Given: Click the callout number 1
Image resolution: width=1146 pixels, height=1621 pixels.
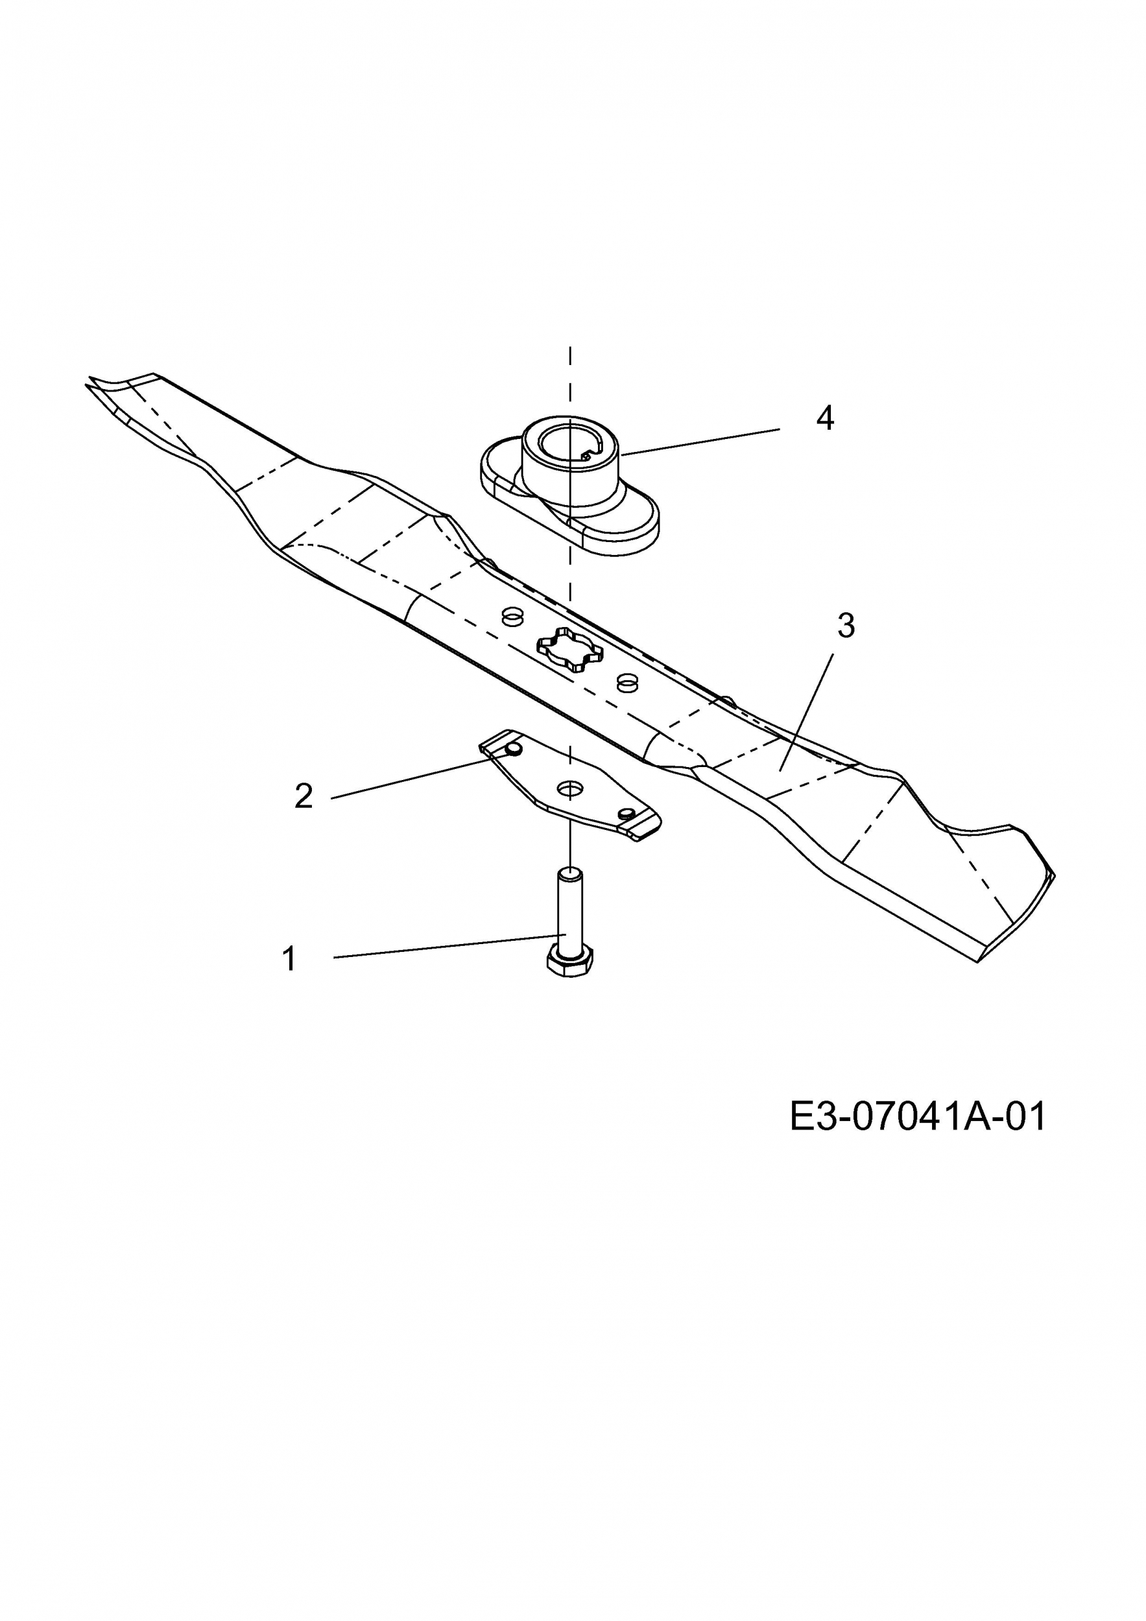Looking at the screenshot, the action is [289, 960].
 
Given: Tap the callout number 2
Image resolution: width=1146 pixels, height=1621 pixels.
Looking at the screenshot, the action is [304, 796].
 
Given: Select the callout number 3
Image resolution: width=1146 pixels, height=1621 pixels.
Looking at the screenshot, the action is [846, 626].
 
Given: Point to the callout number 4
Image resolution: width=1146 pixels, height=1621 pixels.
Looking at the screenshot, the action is [825, 419].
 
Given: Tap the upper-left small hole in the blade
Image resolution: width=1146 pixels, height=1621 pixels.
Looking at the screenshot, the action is [510, 615].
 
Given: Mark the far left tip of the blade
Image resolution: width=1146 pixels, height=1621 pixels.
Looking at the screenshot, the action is [86, 384].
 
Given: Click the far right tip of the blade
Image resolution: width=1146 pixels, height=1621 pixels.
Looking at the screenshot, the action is [1054, 875].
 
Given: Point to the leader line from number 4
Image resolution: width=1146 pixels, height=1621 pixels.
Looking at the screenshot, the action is [700, 442].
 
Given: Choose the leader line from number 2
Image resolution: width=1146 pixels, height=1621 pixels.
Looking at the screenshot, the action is [412, 778].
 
